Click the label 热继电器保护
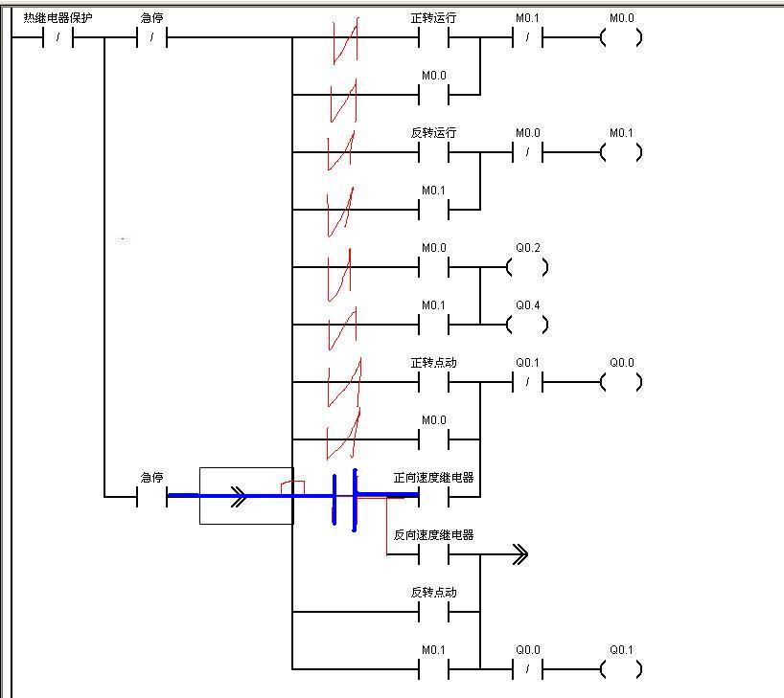[58, 17]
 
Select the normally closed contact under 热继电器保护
[58, 38]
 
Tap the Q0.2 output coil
[527, 268]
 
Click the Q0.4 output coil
[527, 326]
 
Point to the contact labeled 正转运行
[433, 38]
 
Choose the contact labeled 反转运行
[433, 153]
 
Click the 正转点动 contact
[433, 383]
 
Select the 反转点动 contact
[433, 612]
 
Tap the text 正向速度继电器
[433, 477]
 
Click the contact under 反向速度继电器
[433, 555]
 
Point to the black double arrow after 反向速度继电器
[519, 554]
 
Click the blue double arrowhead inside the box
[239, 496]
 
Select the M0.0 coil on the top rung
[621, 38]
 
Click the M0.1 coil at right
[621, 153]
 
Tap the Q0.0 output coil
[621, 383]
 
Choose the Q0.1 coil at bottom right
[621, 669]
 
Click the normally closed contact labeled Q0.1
[527, 383]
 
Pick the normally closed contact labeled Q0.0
[527, 669]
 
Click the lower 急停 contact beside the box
[151, 497]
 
